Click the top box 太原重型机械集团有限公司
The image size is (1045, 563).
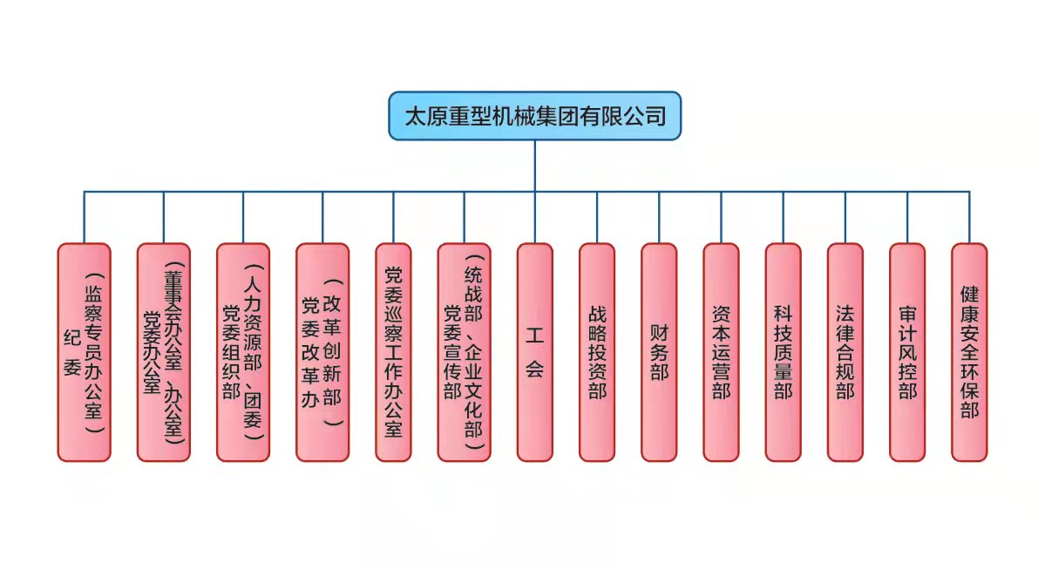(x=534, y=116)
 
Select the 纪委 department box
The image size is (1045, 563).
(x=85, y=352)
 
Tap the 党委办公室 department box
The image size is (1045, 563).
(x=164, y=352)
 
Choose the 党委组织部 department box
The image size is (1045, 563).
(x=243, y=352)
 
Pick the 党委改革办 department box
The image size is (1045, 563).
(x=322, y=352)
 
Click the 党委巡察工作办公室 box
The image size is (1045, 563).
(x=393, y=352)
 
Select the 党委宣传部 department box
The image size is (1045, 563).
(x=464, y=352)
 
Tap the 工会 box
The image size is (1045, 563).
(x=534, y=352)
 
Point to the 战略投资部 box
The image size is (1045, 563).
(x=597, y=352)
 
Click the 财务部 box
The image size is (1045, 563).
(x=659, y=352)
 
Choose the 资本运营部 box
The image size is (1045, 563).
(x=721, y=352)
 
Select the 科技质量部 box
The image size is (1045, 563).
(x=783, y=352)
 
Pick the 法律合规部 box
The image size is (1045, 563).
(x=845, y=352)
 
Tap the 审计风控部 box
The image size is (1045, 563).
(x=907, y=352)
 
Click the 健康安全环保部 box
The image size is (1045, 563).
(x=969, y=352)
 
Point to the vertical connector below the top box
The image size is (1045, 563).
(x=534, y=166)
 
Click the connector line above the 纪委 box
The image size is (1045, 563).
(x=85, y=218)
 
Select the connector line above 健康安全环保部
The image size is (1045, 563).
(x=969, y=218)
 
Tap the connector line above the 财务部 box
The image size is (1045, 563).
(x=659, y=218)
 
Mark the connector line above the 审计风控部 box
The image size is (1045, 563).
(x=907, y=218)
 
